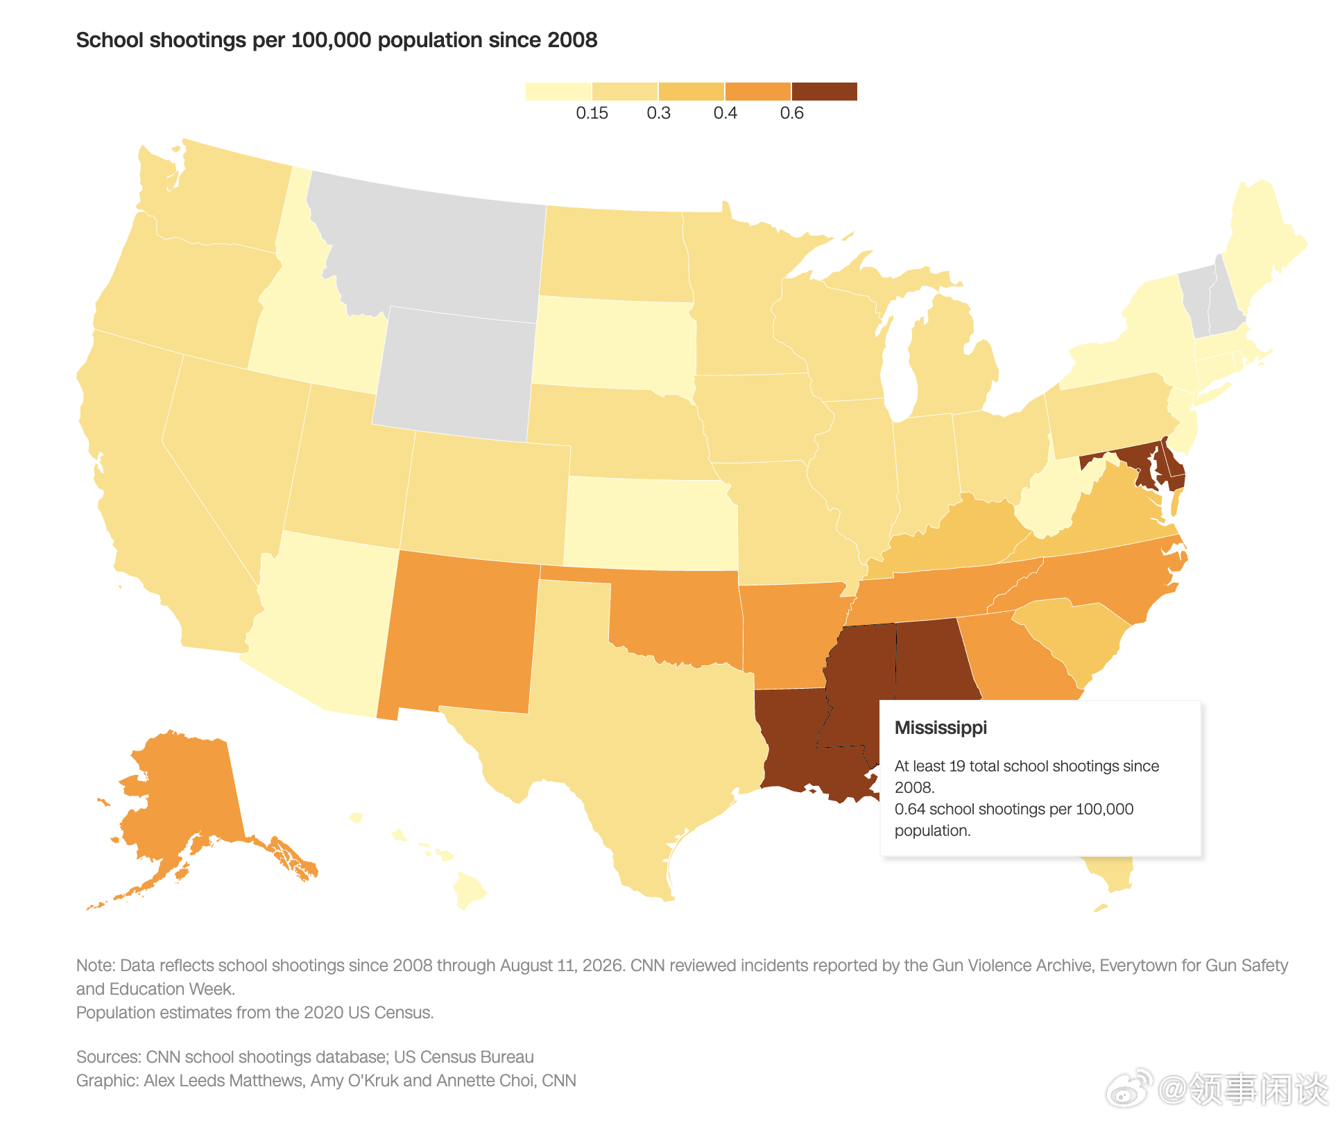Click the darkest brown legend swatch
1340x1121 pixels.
click(825, 92)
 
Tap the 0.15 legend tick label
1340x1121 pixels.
click(592, 113)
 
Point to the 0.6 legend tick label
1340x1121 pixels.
click(791, 113)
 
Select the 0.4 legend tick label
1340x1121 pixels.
click(725, 113)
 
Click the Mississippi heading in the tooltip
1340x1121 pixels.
click(940, 728)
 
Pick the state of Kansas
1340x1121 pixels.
click(651, 522)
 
